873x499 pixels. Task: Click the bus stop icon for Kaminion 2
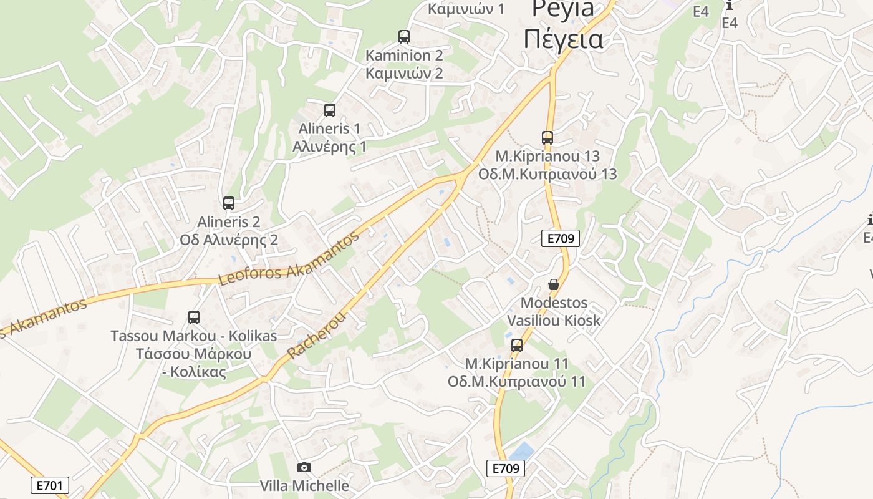(404, 37)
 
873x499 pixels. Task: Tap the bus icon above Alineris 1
(330, 110)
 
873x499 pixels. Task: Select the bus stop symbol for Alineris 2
(229, 203)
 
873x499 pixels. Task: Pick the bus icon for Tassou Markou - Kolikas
(194, 317)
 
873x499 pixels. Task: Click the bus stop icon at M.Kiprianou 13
(547, 138)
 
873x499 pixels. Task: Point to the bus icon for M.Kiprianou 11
(517, 346)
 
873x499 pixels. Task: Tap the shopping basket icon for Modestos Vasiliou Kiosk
(553, 285)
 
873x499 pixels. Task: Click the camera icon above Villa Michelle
(304, 467)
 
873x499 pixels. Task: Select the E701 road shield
(50, 485)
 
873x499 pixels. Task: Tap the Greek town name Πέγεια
(563, 39)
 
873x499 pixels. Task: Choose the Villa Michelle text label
(304, 485)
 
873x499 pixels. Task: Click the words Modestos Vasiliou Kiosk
(554, 311)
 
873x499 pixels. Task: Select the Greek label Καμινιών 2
(404, 73)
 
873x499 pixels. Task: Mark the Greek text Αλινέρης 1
(330, 147)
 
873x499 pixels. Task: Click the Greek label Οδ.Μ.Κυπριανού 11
(517, 381)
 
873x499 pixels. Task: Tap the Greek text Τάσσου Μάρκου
(194, 354)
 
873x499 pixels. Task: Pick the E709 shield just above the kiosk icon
(561, 238)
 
